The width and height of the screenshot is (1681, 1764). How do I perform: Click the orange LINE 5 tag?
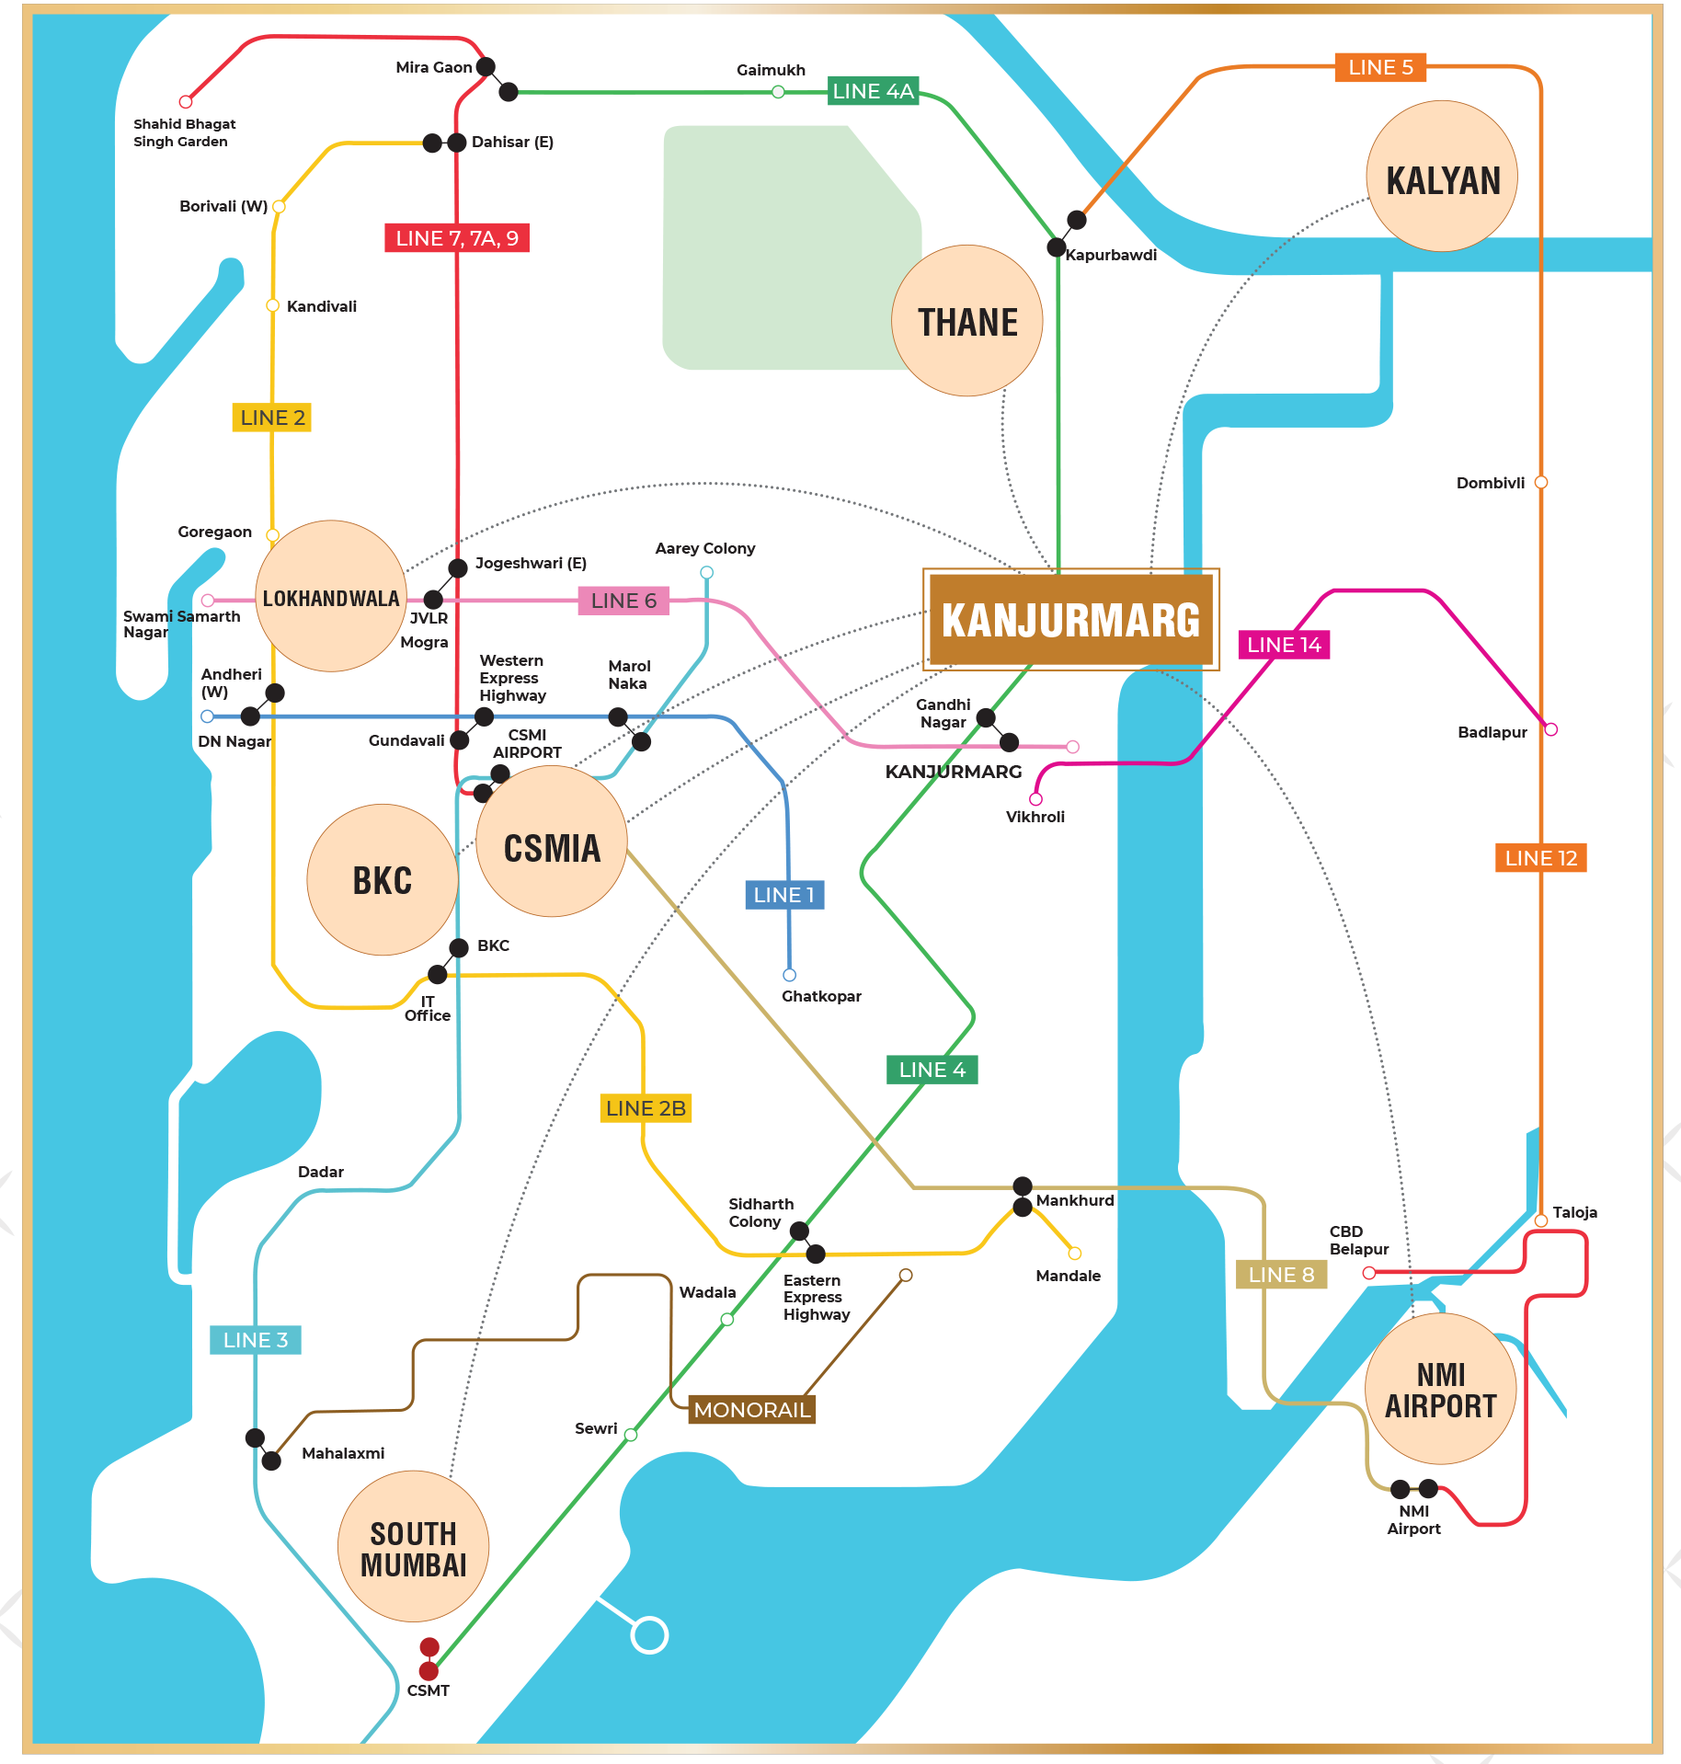[1379, 67]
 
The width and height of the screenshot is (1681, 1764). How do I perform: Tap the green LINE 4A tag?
[873, 91]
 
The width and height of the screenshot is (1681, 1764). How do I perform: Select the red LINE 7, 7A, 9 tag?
[457, 238]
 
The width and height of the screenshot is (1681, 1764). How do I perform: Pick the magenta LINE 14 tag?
[1284, 645]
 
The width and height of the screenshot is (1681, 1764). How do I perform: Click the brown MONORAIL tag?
[751, 1410]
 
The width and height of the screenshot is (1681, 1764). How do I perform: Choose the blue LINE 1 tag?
[783, 895]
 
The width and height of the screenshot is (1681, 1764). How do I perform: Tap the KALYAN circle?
[1442, 177]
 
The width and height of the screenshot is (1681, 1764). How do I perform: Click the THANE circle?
[967, 321]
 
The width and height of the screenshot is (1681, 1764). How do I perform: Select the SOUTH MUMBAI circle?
[413, 1547]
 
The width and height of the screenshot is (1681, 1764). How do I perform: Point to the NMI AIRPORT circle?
[1440, 1390]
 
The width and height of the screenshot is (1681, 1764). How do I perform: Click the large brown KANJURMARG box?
[1070, 619]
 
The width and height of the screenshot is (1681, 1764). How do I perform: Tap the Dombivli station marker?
[1541, 482]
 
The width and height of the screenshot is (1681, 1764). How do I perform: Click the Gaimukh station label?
[771, 70]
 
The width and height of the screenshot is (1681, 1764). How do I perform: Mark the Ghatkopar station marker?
[789, 975]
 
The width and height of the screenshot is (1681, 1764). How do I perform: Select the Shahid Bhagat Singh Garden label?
[184, 132]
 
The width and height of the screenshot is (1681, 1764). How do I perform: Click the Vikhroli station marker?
[1035, 799]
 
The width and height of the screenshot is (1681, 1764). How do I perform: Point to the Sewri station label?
[596, 1428]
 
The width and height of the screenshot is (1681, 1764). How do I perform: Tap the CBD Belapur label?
[1358, 1240]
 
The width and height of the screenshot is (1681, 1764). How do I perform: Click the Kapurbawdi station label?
[1111, 255]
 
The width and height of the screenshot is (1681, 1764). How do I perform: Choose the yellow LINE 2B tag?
[646, 1108]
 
